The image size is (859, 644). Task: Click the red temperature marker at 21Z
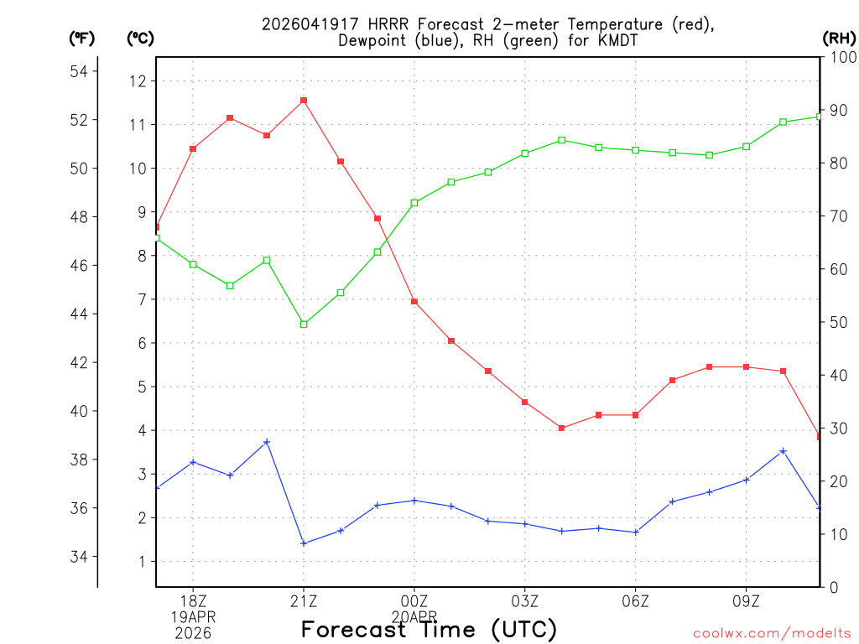(x=304, y=101)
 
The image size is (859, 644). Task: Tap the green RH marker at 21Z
(x=304, y=325)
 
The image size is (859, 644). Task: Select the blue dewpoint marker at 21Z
(x=304, y=543)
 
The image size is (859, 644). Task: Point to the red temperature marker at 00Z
(x=414, y=302)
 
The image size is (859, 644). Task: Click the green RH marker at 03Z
(x=525, y=153)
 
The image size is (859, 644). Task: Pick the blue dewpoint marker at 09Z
(x=747, y=480)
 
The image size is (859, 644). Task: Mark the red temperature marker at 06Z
(x=636, y=415)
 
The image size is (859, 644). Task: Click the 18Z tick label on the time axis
(x=193, y=600)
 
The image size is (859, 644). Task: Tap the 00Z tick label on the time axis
(x=414, y=600)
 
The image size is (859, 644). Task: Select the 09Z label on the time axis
(x=747, y=600)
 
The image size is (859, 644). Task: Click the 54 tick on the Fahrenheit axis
(x=79, y=72)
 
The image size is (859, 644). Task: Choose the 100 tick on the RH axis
(x=841, y=58)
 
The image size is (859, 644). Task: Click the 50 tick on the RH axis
(x=838, y=323)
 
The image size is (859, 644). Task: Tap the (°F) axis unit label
(x=81, y=38)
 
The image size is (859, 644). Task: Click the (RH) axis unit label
(x=839, y=38)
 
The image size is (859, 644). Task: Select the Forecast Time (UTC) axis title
(x=429, y=630)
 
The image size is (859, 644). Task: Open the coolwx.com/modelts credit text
(x=772, y=633)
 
